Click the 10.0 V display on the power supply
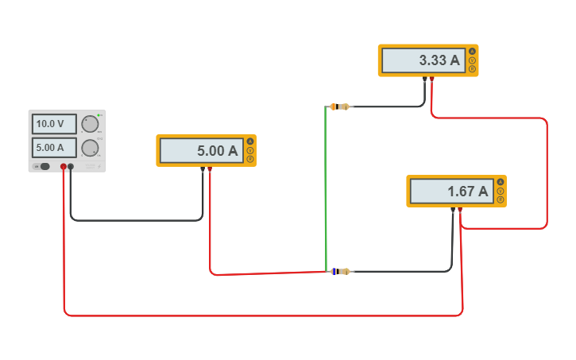click(54, 124)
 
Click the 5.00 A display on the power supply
click(54, 148)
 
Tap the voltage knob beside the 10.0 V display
click(90, 124)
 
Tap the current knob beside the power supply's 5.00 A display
click(90, 148)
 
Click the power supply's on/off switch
click(44, 166)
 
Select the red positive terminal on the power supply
click(64, 166)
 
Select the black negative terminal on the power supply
click(71, 166)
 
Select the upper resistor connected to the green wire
click(340, 106)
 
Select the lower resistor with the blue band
click(340, 271)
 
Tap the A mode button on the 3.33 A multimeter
click(472, 52)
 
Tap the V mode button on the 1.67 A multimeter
click(501, 191)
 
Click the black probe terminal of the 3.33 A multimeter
click(426, 79)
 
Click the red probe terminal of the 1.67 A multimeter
click(460, 210)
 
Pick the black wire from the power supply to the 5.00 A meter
click(135, 220)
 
